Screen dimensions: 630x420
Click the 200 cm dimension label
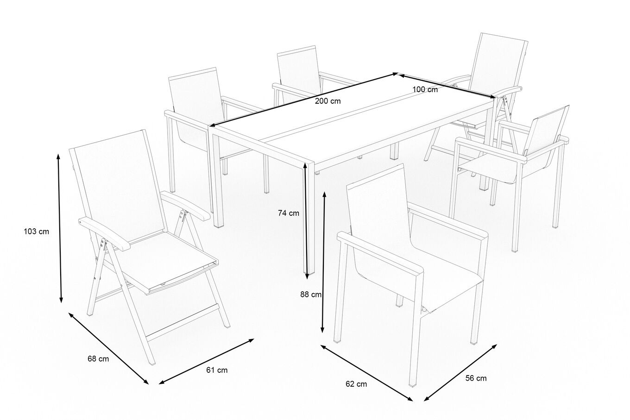coord(328,101)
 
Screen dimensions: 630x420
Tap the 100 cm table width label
coord(425,90)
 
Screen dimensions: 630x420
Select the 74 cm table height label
coord(289,213)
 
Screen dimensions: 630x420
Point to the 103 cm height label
coord(36,232)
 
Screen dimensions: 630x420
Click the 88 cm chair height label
coord(311,295)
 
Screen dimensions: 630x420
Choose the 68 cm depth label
coord(98,359)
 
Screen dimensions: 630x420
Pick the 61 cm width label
coord(217,370)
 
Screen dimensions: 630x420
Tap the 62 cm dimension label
coord(356,384)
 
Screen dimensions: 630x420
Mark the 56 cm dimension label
coord(476,378)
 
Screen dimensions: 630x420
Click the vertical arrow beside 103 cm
coord(60,228)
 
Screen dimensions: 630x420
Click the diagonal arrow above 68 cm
coord(108,348)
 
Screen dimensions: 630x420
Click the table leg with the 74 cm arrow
coord(309,218)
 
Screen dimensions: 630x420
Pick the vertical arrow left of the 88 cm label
coord(324,262)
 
